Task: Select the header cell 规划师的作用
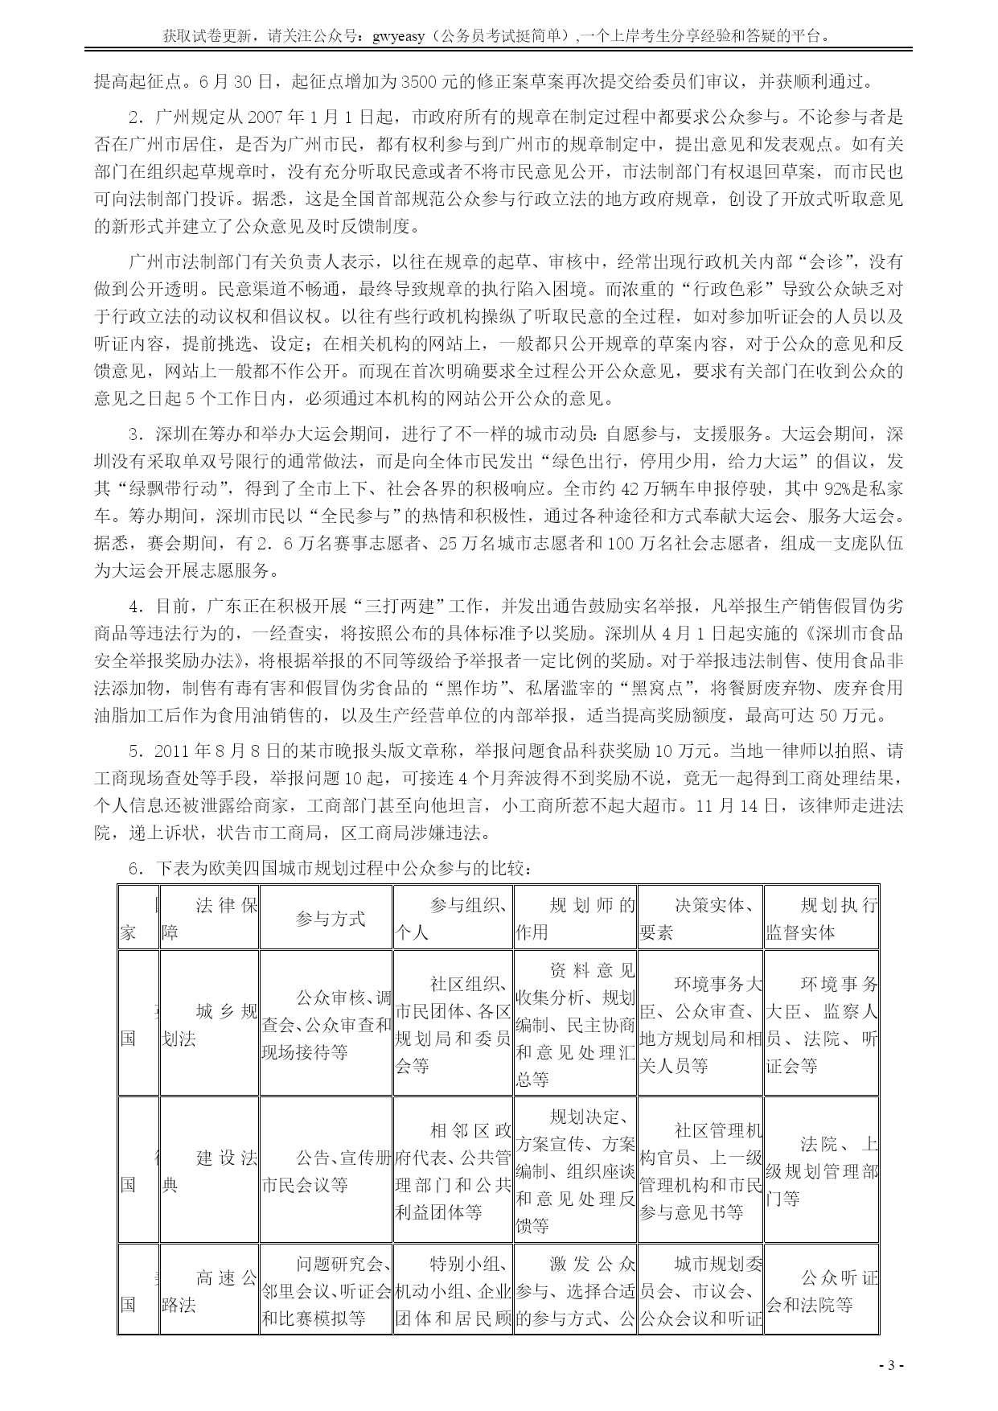click(575, 919)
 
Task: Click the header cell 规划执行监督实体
click(821, 919)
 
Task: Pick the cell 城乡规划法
click(209, 1024)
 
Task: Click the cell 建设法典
click(209, 1170)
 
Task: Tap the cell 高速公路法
click(209, 1290)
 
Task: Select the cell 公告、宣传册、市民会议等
click(326, 1170)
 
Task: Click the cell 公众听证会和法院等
click(821, 1290)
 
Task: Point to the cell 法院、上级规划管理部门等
click(821, 1170)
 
